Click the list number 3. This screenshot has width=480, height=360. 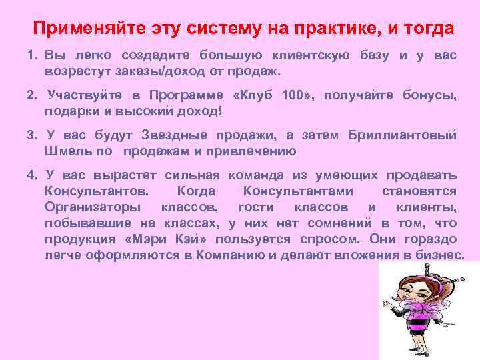[x=31, y=135]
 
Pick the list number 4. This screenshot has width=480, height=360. [x=31, y=175]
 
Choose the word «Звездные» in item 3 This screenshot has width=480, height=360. [x=174, y=135]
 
